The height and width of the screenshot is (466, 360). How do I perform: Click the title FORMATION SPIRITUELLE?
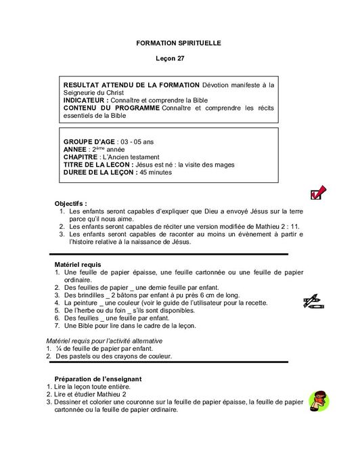[179, 43]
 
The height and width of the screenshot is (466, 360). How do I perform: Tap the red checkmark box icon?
[317, 193]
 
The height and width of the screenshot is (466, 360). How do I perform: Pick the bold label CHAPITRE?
[84, 156]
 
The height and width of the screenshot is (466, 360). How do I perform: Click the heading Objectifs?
[71, 203]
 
